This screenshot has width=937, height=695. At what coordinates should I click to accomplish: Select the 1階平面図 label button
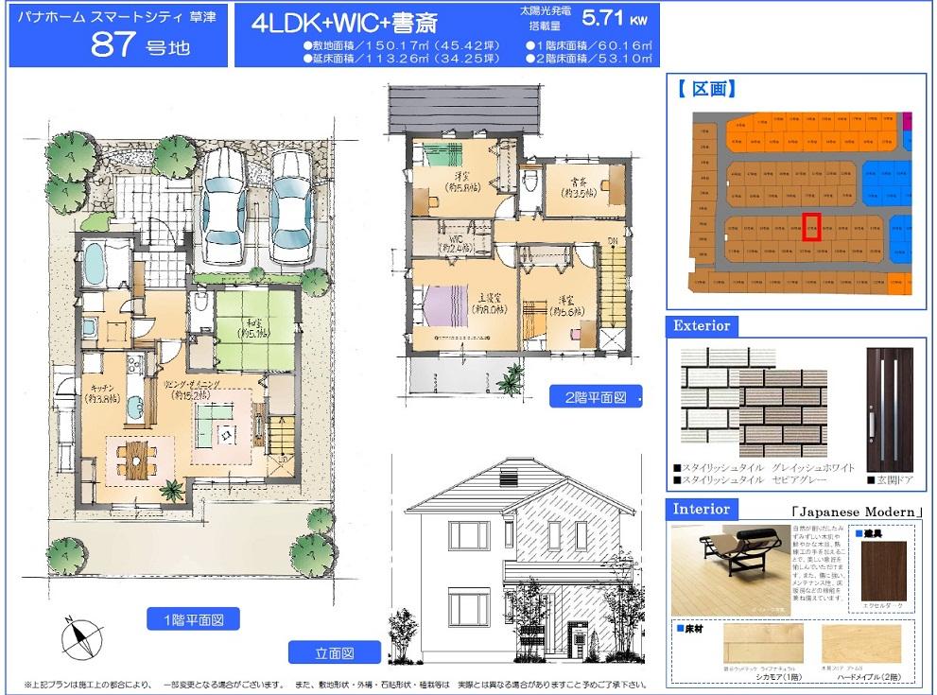tap(193, 619)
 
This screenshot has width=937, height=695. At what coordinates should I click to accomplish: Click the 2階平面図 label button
tap(595, 396)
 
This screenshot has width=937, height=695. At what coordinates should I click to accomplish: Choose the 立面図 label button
tap(335, 652)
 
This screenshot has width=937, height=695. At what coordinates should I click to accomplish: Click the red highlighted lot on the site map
tap(811, 227)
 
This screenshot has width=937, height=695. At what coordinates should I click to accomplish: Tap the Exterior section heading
tap(702, 325)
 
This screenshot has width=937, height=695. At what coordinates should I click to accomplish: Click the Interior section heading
tap(702, 509)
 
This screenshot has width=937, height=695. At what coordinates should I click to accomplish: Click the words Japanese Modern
tap(858, 512)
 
